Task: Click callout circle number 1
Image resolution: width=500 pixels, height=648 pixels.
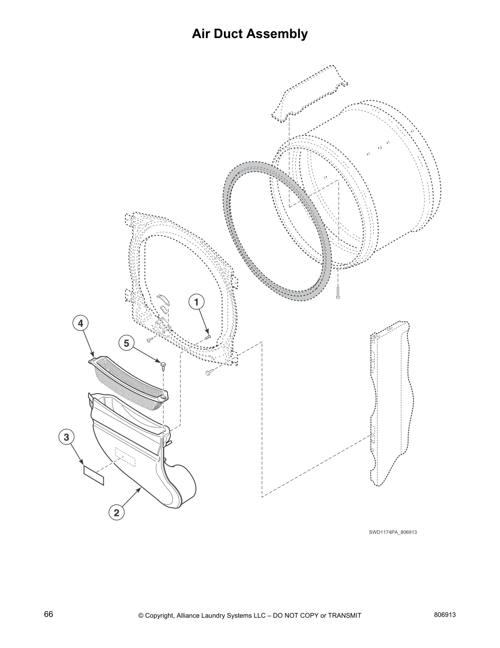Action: tap(196, 302)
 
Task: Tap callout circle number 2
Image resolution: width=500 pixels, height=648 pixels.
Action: tap(116, 512)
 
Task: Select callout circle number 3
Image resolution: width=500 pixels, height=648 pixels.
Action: tap(66, 437)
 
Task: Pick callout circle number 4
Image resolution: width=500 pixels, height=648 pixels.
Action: tap(80, 323)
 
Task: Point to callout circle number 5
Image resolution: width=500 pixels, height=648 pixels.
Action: tap(126, 343)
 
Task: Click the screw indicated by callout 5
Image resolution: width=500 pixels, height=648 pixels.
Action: tap(163, 365)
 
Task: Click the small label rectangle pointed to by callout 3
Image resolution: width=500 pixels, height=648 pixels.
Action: tap(94, 475)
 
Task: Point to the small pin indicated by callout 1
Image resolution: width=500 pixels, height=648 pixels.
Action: tap(208, 336)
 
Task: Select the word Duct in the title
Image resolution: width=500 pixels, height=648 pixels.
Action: tap(227, 34)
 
